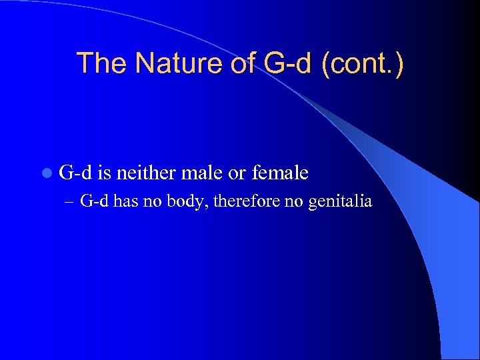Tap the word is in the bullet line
click(104, 173)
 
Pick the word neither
click(147, 173)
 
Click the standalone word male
click(203, 173)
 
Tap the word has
click(125, 201)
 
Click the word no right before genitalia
click(293, 201)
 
